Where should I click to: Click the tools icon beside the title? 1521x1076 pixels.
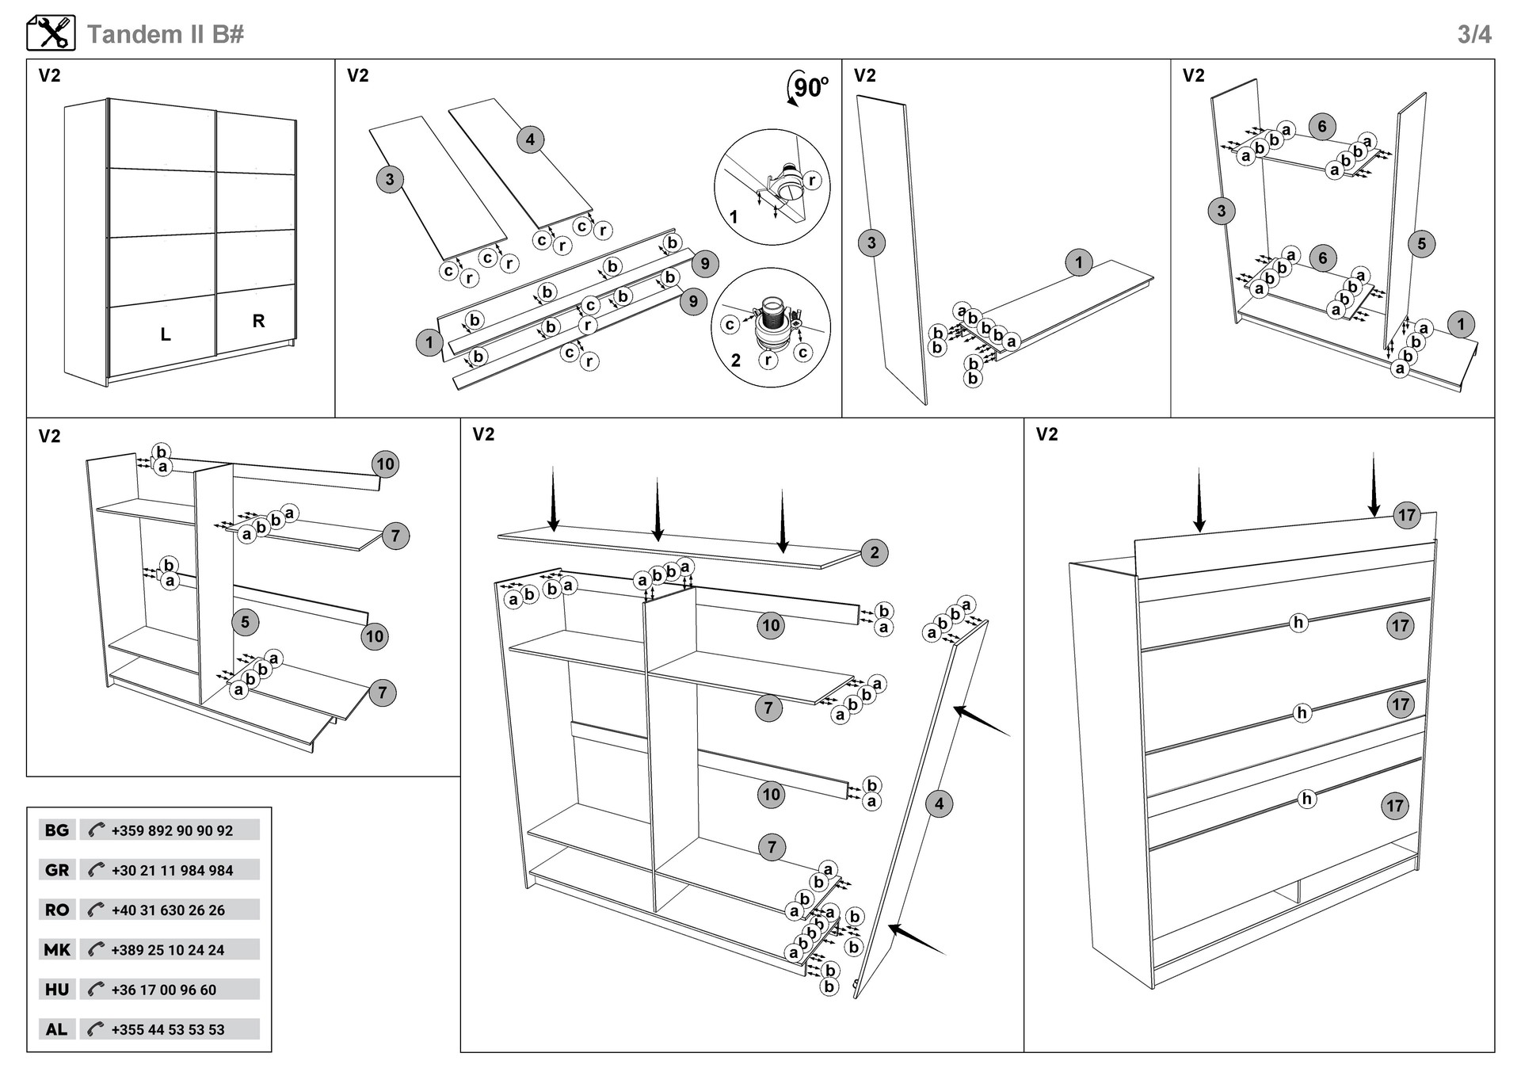[51, 33]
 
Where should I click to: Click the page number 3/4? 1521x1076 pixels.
[1474, 35]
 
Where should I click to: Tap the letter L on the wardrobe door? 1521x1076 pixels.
[166, 334]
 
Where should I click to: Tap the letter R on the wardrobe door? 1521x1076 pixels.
[258, 321]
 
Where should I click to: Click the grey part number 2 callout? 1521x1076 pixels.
[875, 552]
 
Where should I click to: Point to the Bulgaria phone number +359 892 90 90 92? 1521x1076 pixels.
[172, 830]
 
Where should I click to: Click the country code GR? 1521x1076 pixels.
[57, 870]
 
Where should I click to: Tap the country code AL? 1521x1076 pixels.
[56, 1029]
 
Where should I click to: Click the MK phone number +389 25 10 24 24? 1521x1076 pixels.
[168, 950]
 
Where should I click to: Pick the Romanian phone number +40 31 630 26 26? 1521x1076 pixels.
[168, 910]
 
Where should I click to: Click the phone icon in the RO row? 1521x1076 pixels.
[96, 910]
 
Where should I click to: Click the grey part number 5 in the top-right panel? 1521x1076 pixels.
[1421, 244]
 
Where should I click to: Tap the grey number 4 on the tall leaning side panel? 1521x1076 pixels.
[939, 803]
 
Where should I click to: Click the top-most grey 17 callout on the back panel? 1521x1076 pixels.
[1407, 515]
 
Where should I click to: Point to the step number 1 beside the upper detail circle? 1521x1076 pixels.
[734, 216]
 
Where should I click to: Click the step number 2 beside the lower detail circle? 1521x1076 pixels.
[736, 361]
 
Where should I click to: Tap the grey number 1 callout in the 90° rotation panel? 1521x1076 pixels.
[429, 342]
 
